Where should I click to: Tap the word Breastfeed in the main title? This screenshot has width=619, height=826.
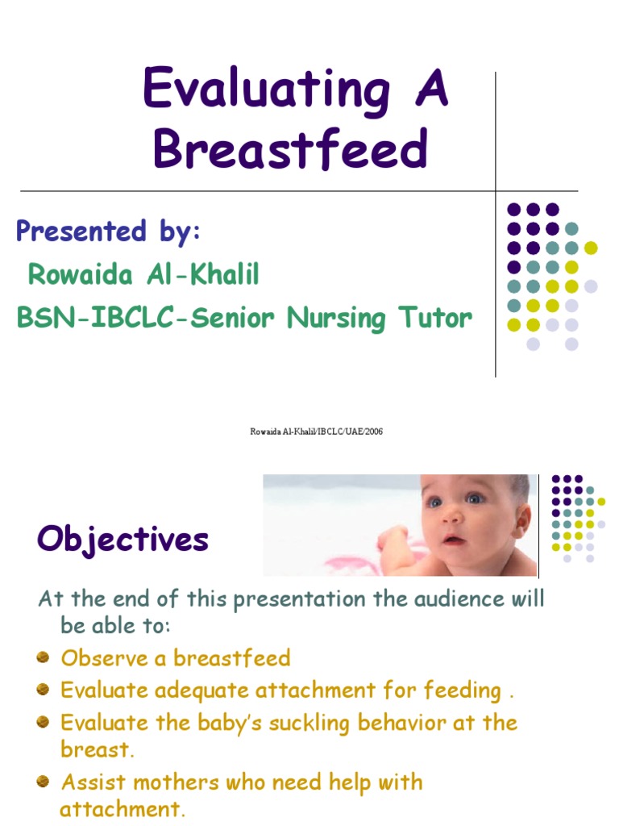(290, 149)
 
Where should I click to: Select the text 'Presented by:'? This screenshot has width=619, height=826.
(108, 232)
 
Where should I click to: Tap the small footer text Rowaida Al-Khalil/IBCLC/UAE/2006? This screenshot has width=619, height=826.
(316, 432)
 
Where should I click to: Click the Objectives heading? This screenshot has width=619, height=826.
(123, 540)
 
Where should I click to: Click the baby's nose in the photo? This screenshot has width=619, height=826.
(452, 516)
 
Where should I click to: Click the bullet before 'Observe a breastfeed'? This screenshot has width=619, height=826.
(44, 658)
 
